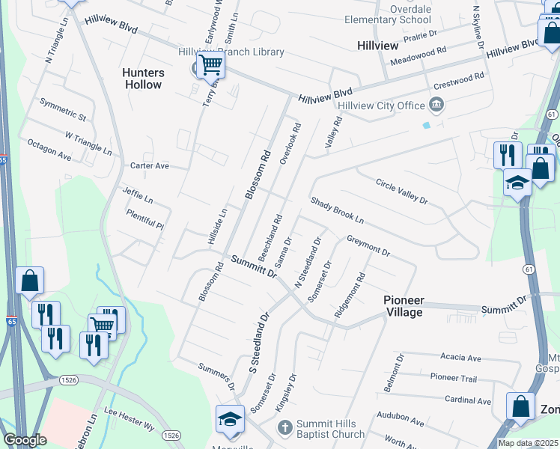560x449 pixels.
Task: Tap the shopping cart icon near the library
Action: [x=210, y=66]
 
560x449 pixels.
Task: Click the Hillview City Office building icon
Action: [x=436, y=105]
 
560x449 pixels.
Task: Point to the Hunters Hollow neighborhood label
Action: [x=142, y=79]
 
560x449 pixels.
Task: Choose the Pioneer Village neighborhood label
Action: [x=404, y=306]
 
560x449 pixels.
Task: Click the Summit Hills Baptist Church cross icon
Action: [x=284, y=428]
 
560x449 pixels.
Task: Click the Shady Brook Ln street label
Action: [x=337, y=212]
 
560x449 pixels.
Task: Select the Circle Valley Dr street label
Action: [x=401, y=192]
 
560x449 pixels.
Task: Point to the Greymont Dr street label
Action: [x=368, y=246]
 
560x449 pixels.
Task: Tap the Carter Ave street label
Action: [x=150, y=165]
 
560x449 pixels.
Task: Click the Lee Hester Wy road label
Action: [x=129, y=418]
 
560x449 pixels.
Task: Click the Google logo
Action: [x=25, y=440]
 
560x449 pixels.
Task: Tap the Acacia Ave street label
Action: [x=460, y=358]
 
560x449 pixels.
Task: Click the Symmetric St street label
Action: [x=64, y=110]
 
